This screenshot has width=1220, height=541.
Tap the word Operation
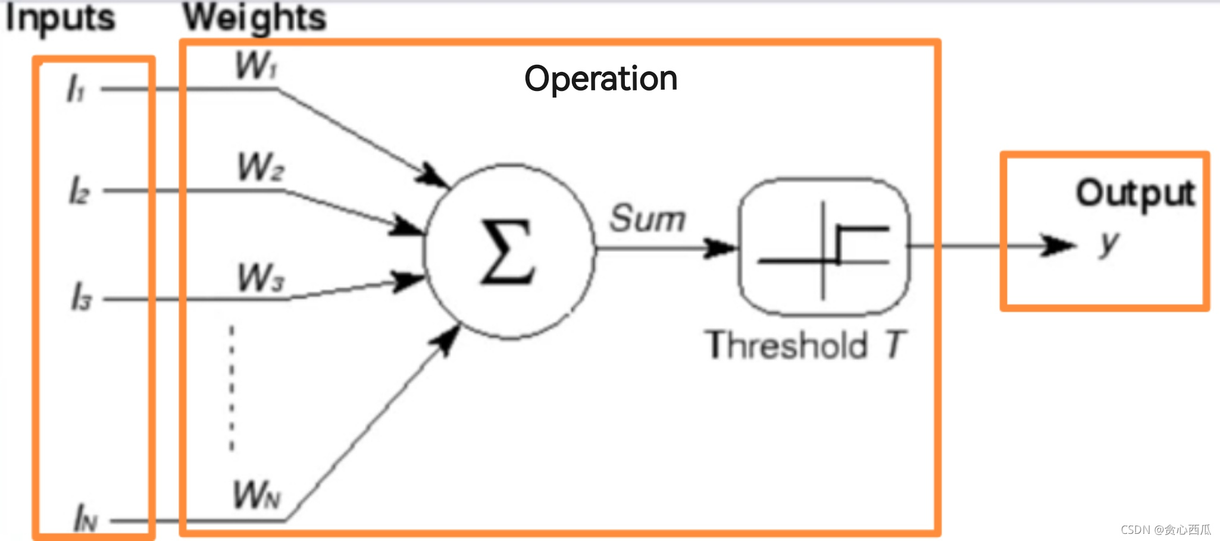(x=600, y=78)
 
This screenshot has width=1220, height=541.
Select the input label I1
(x=76, y=89)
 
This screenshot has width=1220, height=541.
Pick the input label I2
(x=79, y=191)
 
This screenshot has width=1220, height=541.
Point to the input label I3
(x=82, y=297)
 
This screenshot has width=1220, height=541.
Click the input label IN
(x=85, y=518)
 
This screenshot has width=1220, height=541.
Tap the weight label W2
(x=260, y=167)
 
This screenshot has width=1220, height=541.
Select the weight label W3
(x=261, y=278)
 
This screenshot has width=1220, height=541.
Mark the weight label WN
(x=256, y=495)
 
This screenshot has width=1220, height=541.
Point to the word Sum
(x=647, y=218)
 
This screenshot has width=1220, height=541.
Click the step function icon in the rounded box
(x=824, y=247)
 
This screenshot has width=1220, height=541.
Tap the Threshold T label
(x=806, y=345)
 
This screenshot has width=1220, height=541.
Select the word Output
(x=1135, y=193)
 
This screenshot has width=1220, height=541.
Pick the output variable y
(x=1109, y=243)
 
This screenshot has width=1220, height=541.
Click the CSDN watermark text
(x=1165, y=530)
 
